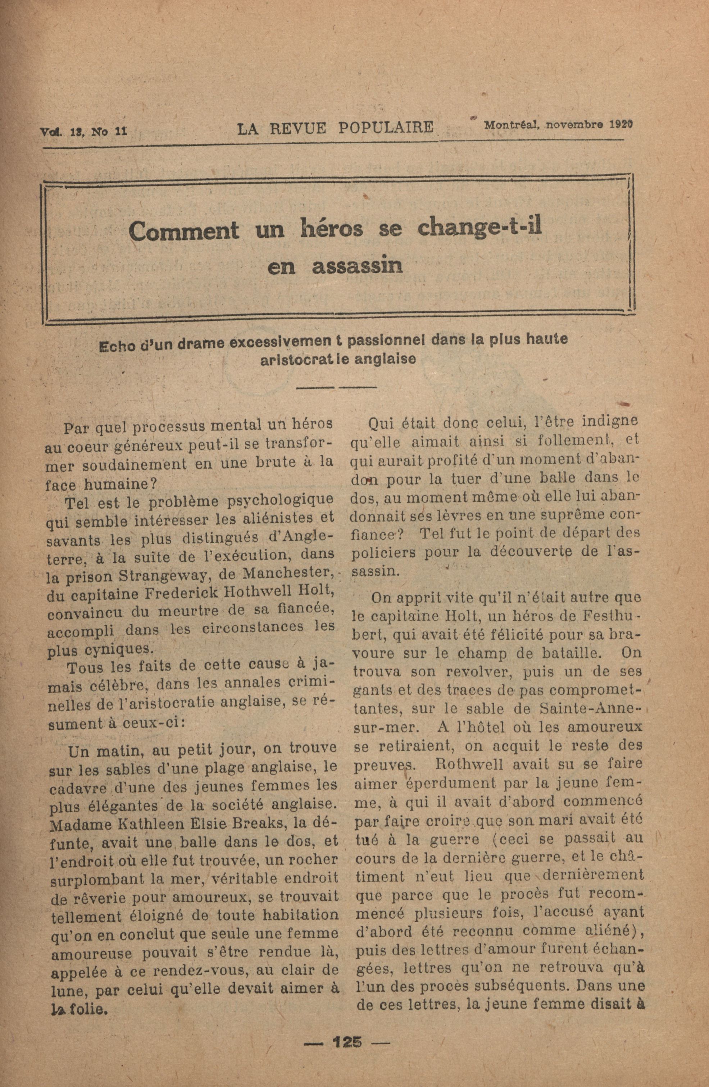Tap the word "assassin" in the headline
358,266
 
